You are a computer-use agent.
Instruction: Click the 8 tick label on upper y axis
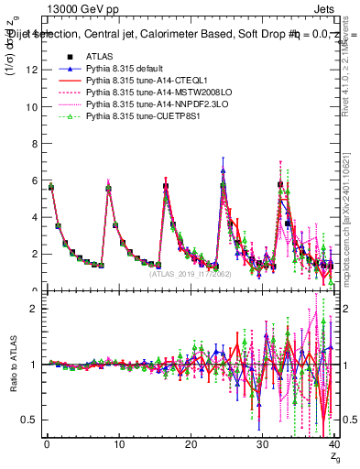tap(33, 144)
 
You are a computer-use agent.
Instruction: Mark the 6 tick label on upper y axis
tap(33, 180)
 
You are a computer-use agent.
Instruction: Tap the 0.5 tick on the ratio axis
tap(28, 420)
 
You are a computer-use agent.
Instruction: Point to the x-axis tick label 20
tap(190, 446)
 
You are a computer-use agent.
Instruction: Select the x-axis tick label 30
tap(262, 446)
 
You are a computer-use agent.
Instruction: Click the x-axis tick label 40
tap(333, 446)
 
